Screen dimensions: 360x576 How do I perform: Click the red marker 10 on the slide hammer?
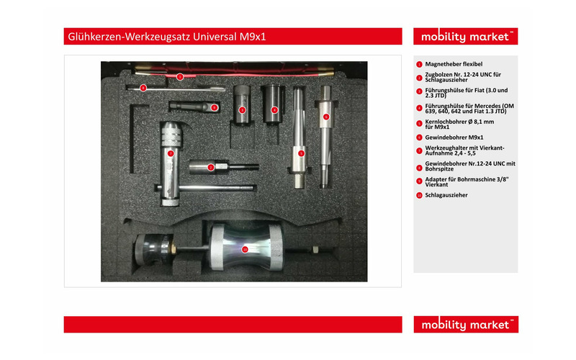[245, 249]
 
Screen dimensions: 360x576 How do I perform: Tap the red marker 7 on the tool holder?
[171, 153]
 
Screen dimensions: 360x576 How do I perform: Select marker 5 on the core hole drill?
[301, 153]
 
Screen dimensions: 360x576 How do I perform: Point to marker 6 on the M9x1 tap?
[325, 116]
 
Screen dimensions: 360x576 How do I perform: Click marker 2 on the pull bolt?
[211, 167]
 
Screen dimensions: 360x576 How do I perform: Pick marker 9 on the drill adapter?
[214, 107]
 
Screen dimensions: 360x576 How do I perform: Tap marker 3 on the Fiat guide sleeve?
[243, 110]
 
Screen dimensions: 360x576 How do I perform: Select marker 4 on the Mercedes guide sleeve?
[274, 110]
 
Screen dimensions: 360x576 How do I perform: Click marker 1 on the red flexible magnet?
[180, 76]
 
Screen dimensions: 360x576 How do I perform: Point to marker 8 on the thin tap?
[143, 88]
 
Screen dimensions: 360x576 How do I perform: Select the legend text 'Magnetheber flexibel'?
[454, 64]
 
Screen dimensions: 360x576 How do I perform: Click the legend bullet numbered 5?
[419, 123]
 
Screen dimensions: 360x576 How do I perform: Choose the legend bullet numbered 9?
[419, 181]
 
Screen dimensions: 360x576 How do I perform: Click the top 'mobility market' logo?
[464, 37]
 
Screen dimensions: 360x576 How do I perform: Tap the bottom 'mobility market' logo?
[464, 325]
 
